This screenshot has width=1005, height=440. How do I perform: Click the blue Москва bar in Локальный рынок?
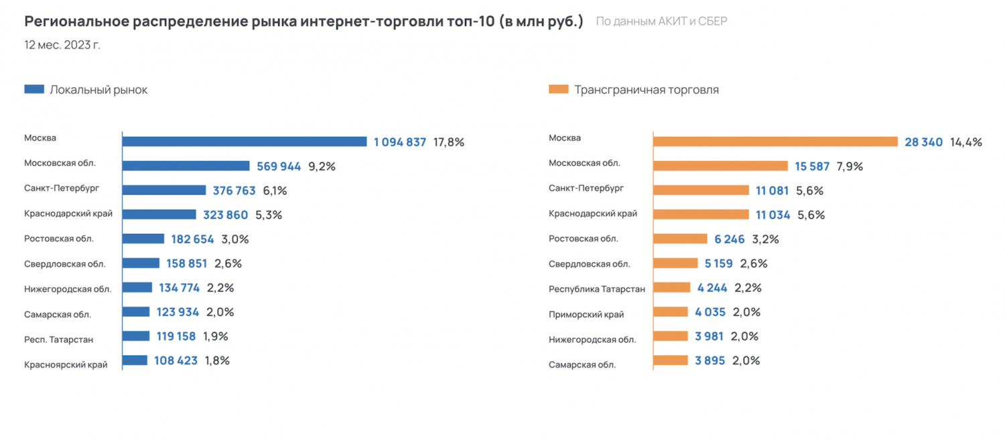pyautogui.click(x=245, y=142)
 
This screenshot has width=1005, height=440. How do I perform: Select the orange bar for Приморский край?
pyautogui.click(x=671, y=312)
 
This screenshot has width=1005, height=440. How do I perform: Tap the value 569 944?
pyautogui.click(x=279, y=166)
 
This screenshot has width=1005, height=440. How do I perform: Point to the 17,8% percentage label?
pyautogui.click(x=449, y=142)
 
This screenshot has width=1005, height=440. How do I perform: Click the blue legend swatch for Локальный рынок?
pyautogui.click(x=34, y=89)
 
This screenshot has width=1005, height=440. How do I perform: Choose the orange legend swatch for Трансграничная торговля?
pyautogui.click(x=558, y=89)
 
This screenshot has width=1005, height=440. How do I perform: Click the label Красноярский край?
pyautogui.click(x=66, y=365)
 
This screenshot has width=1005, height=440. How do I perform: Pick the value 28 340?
pyautogui.click(x=923, y=142)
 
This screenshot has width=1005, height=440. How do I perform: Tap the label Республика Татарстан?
pyautogui.click(x=597, y=289)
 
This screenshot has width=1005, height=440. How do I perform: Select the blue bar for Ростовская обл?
pyautogui.click(x=143, y=239)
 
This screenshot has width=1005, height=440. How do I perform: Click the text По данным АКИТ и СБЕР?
pyautogui.click(x=661, y=21)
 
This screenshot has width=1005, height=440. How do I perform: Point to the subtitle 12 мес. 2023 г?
pyautogui.click(x=62, y=46)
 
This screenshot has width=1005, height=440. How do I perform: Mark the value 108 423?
pyautogui.click(x=176, y=361)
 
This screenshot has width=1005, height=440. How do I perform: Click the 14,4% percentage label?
pyautogui.click(x=965, y=142)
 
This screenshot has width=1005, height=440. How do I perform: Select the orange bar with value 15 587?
pyautogui.click(x=720, y=166)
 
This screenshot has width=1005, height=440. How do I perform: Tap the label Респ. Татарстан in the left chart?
pyautogui.click(x=58, y=339)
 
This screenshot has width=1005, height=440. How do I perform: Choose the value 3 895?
pyautogui.click(x=710, y=361)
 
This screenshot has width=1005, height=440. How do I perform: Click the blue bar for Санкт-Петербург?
pyautogui.click(x=164, y=190)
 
